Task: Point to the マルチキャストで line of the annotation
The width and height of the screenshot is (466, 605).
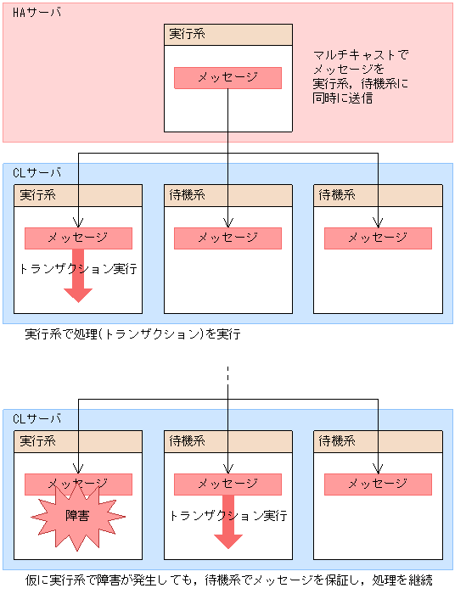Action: pos(360,54)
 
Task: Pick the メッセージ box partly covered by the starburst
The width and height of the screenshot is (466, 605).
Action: pos(78,485)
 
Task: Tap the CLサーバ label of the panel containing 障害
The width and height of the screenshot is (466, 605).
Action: pos(37,419)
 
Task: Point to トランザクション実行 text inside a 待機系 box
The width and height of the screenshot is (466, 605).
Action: pos(227,515)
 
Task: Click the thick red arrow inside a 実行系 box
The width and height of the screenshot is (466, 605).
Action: pos(78,277)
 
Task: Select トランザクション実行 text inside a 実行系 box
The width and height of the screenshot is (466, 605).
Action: pos(78,269)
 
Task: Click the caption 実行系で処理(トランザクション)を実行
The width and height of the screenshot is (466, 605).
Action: pos(133,334)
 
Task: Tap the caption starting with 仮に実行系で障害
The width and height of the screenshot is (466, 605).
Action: pos(229,580)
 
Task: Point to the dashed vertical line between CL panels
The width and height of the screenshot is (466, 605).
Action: pos(228,381)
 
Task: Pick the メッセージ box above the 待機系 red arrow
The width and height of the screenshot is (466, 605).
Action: pos(227,484)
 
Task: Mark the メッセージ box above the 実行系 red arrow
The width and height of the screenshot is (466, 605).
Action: pos(78,238)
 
